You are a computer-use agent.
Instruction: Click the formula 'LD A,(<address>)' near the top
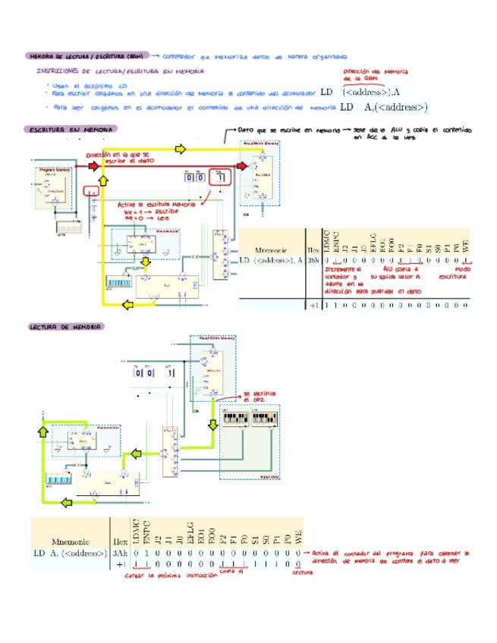pos(384,108)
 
